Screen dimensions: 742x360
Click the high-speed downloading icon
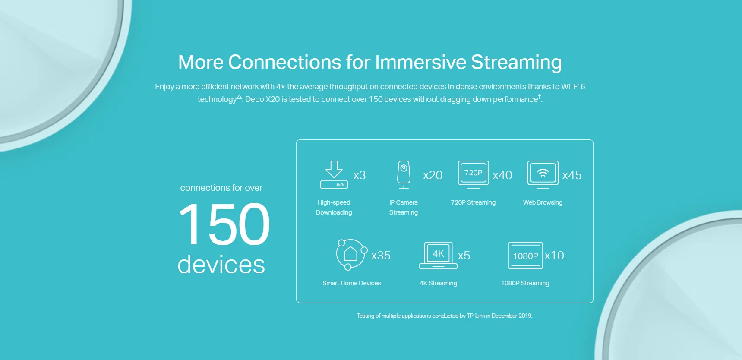(x=334, y=175)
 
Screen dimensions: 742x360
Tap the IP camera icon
(x=404, y=175)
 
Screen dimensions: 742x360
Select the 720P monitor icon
(x=474, y=175)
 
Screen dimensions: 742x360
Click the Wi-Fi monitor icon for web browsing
(x=543, y=175)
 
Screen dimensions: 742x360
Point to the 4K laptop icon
(x=438, y=256)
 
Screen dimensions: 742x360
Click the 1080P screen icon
(x=525, y=256)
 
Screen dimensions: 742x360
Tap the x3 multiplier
(x=360, y=175)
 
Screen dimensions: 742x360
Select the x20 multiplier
(x=433, y=175)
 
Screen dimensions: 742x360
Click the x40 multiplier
(x=502, y=175)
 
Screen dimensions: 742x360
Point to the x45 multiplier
(x=572, y=175)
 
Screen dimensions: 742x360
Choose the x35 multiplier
(x=381, y=256)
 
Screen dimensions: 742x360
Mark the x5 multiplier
(x=464, y=256)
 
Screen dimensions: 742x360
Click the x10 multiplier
(x=555, y=256)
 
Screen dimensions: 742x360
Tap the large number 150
(x=224, y=224)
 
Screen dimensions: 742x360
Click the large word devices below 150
(x=221, y=264)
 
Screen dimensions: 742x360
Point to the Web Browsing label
(x=543, y=202)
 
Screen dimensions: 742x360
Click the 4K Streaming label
(x=438, y=283)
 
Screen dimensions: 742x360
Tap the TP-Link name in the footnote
(x=476, y=316)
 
